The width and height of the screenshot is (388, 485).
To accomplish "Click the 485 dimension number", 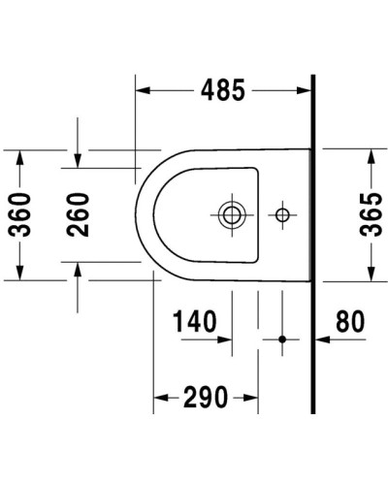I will (223, 90).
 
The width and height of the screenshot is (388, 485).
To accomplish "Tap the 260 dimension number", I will (79, 214).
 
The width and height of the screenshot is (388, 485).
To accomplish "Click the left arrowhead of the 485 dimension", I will (142, 90).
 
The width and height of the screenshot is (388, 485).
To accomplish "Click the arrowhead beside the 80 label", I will (324, 339).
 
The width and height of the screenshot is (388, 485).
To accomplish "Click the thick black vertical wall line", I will (313, 242).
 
